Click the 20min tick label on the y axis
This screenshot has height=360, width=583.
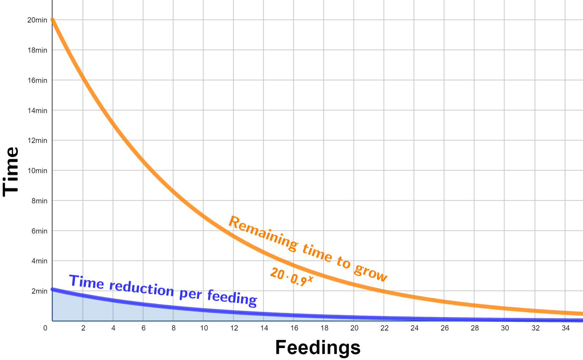[x=37, y=20]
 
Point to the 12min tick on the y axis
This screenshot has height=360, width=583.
[x=37, y=140]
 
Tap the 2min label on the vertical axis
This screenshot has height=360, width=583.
[x=39, y=291]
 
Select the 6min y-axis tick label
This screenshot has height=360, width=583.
[x=39, y=231]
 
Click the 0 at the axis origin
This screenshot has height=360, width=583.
[x=45, y=328]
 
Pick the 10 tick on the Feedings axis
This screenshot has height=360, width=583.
[x=204, y=328]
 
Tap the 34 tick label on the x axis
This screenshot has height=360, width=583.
[x=565, y=328]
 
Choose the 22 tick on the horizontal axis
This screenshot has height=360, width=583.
[x=384, y=328]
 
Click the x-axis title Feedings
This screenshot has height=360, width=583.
[x=318, y=347]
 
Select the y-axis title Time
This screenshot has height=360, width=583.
[x=11, y=172]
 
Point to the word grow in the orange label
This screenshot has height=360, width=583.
[x=371, y=272]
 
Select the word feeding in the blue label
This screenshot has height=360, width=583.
[x=232, y=297]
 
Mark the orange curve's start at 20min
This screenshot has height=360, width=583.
[x=53, y=20]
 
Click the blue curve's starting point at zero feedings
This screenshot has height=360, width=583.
[x=53, y=289]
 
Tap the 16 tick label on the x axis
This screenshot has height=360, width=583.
[x=294, y=328]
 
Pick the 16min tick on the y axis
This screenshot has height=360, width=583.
[x=37, y=80]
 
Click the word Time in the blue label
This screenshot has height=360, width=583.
[x=86, y=282]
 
